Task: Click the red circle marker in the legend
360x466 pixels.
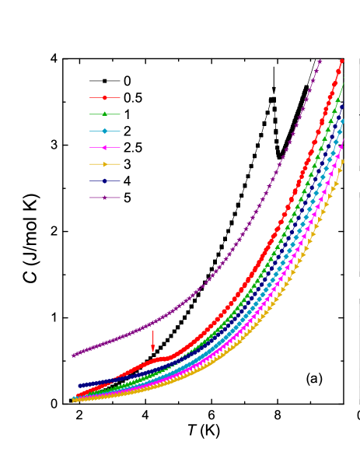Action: (104, 98)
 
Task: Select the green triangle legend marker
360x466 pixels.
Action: (104, 114)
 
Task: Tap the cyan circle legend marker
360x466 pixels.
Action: (104, 131)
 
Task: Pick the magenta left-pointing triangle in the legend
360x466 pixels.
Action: (104, 147)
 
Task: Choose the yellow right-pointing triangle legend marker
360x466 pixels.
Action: (104, 164)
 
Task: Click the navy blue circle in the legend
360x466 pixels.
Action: (104, 180)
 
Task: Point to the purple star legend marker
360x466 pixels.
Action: (104, 198)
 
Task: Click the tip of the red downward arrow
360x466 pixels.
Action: (152, 352)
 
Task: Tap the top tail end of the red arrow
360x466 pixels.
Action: (152, 331)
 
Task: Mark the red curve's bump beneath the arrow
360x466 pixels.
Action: (159, 359)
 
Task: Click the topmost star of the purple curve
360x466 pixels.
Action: (320, 61)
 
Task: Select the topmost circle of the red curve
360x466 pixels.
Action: (341, 61)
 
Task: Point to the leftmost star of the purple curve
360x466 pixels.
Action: (74, 356)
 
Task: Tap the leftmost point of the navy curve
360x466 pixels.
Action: (79, 385)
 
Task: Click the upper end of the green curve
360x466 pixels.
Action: (343, 82)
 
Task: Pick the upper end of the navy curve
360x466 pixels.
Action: (342, 105)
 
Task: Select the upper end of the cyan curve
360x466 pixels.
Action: (341, 121)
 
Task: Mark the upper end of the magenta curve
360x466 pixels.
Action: (341, 142)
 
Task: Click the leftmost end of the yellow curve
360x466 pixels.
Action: (73, 401)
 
